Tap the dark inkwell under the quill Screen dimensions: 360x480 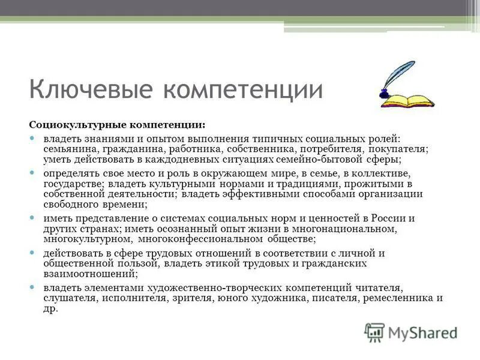[x=384, y=93]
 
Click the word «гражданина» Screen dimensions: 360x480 [x=126, y=149]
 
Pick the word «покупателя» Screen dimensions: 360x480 [x=397, y=149]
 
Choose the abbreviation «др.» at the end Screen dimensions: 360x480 [x=50, y=308]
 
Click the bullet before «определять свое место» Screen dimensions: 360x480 [x=34, y=173]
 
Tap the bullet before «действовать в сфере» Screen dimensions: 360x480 [x=34, y=253]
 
